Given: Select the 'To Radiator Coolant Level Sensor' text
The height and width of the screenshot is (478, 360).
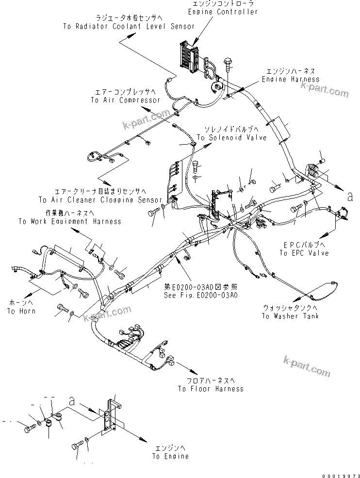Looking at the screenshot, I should (x=129, y=26).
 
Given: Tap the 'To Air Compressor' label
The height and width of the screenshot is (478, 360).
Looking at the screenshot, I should (x=125, y=100).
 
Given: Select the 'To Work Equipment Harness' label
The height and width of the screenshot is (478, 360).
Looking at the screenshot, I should (x=69, y=221).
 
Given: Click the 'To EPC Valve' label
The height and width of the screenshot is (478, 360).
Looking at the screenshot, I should (x=304, y=253).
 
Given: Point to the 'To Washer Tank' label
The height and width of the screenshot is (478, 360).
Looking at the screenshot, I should (x=290, y=316).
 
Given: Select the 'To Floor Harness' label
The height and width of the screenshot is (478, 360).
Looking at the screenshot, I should (x=211, y=389).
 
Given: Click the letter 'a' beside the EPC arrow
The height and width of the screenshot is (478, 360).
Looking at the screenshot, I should (x=349, y=196).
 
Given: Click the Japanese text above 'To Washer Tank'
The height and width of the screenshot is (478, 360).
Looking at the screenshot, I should (x=290, y=308).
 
